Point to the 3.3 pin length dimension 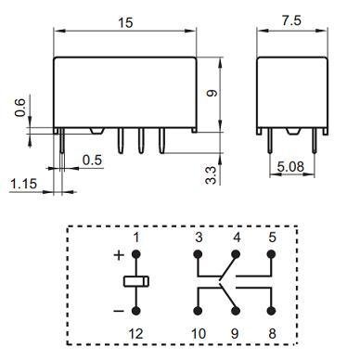coord(212,172)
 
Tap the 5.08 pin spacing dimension coord(289,168)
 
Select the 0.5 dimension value coord(91,159)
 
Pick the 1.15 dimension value coord(24,185)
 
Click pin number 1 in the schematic coord(135,238)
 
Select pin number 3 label coord(198,238)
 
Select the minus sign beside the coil coord(119,309)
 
